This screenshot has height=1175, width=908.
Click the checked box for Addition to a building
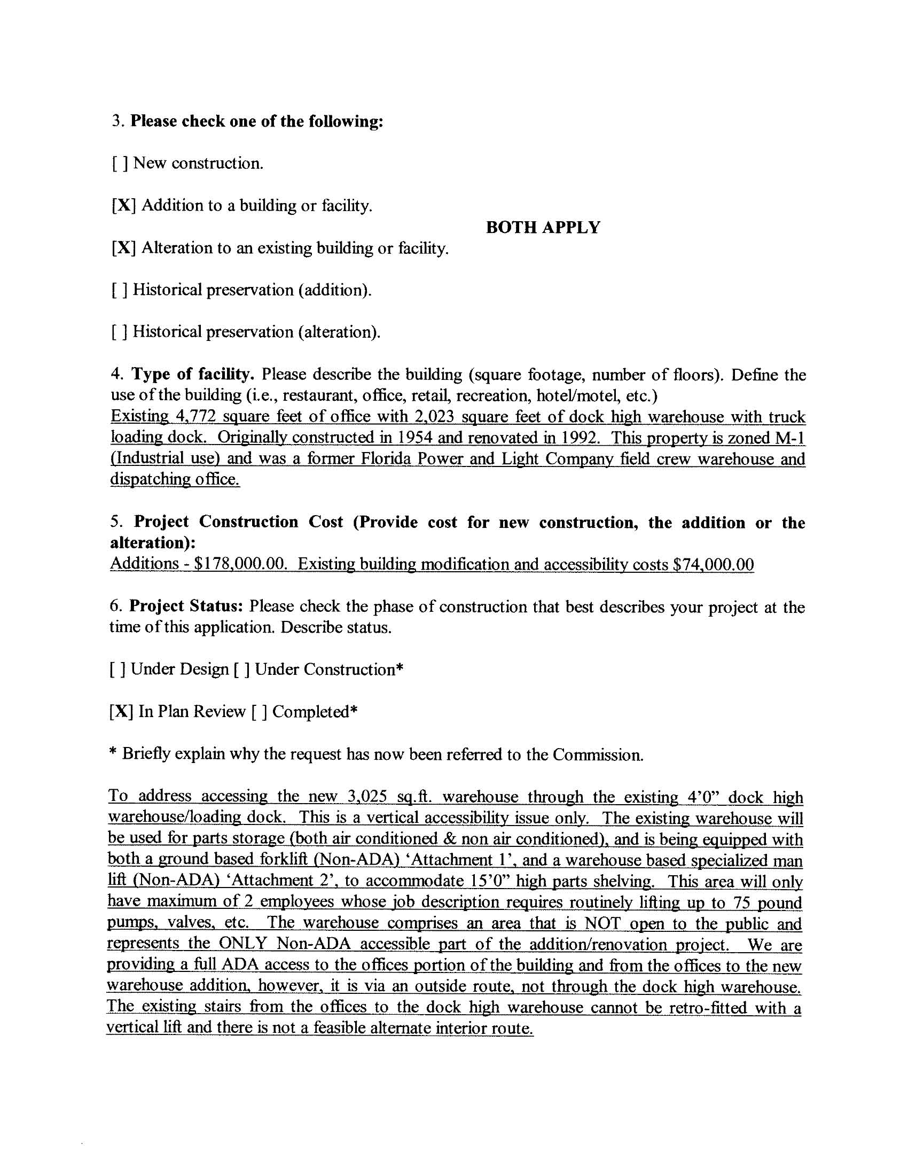point(123,206)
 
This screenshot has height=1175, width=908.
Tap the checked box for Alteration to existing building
point(123,248)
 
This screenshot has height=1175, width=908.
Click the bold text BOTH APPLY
point(543,228)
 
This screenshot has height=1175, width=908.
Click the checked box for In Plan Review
point(121,712)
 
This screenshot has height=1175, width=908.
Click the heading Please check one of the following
point(256,121)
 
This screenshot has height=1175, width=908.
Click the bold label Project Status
point(186,606)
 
